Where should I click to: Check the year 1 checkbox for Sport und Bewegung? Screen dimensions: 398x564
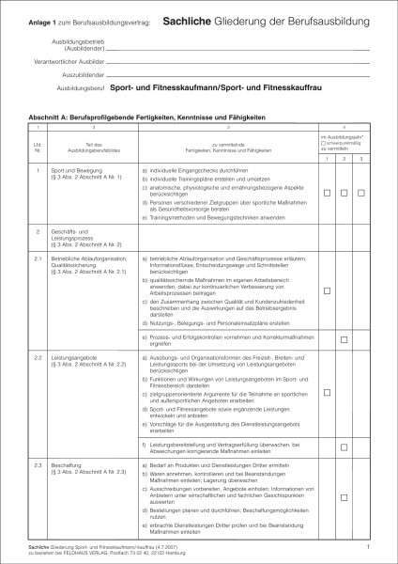tap(328, 193)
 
